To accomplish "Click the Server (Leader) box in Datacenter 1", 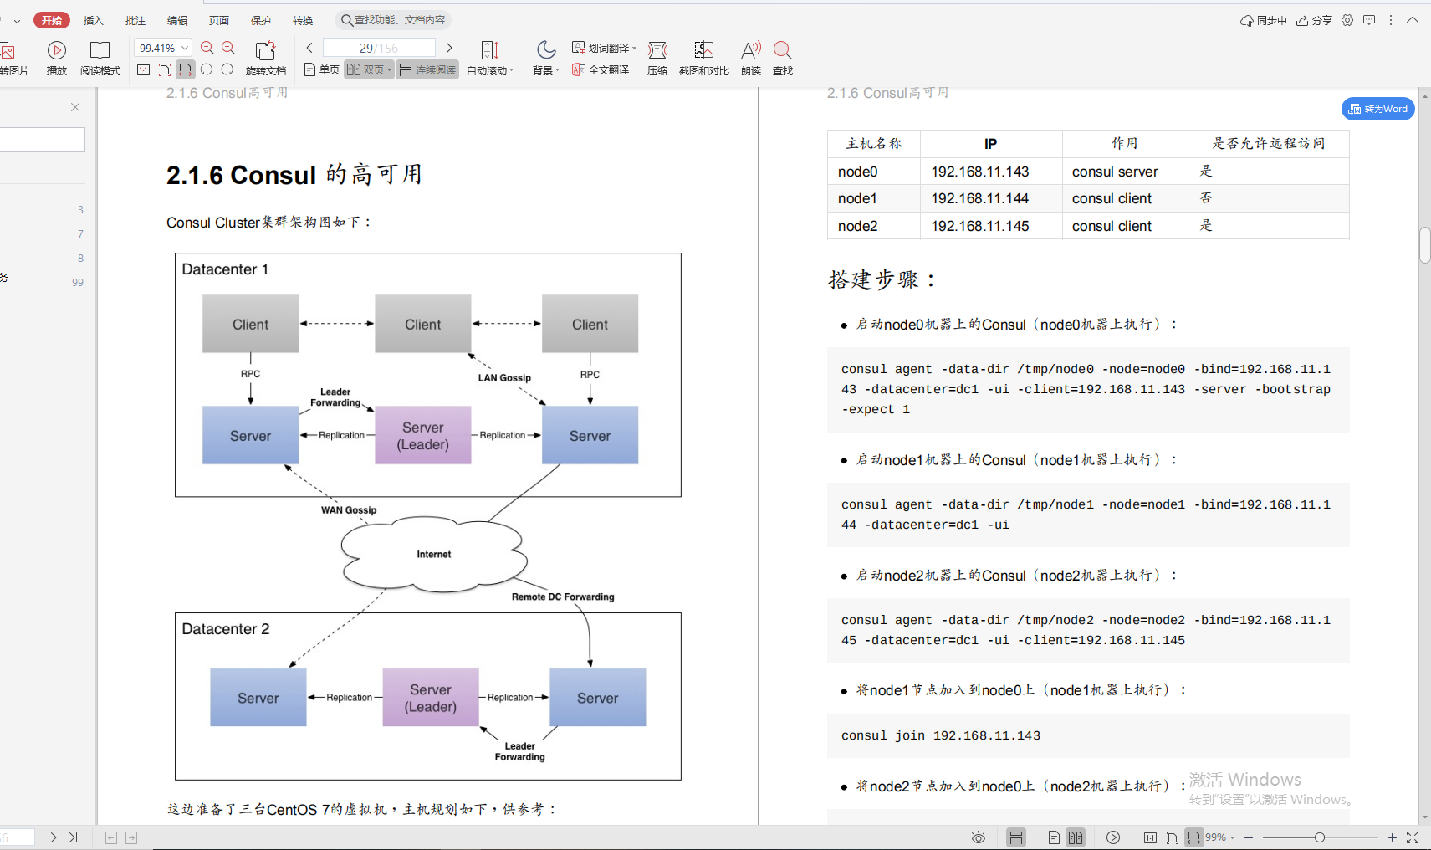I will tap(422, 435).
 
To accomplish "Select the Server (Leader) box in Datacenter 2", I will tap(431, 698).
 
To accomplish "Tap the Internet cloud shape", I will tap(433, 554).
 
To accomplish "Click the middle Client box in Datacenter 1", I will tap(422, 324).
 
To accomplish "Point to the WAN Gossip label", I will tap(349, 509).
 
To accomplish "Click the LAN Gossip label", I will tap(504, 377).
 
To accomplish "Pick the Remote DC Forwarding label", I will tap(563, 597).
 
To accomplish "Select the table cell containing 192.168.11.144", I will tap(980, 198).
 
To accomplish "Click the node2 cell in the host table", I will tap(858, 226).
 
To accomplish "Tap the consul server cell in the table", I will tap(1115, 172).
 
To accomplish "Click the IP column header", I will tap(990, 144).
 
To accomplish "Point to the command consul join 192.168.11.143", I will tap(941, 735).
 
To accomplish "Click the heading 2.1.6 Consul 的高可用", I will tap(294, 175).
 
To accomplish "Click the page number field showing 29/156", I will tap(379, 48).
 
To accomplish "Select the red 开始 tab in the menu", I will tap(52, 20).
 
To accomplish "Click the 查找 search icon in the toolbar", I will tap(783, 57).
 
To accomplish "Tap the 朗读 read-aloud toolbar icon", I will tap(751, 57).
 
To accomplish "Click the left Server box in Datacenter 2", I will tap(258, 698).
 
